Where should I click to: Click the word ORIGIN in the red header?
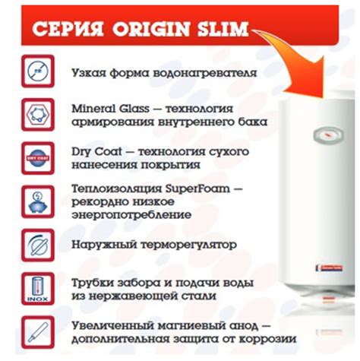tap(151, 28)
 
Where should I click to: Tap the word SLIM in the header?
tap(223, 28)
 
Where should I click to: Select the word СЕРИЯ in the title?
tap(68, 28)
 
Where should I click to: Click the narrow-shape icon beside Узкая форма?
tap(38, 71)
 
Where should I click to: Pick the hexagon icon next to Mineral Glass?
tap(38, 115)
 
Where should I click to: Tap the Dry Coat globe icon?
tap(38, 158)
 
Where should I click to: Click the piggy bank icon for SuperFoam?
tap(38, 201)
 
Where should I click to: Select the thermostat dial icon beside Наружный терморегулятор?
tap(38, 245)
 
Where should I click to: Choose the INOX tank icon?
tap(38, 289)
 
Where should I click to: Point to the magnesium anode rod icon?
tap(38, 332)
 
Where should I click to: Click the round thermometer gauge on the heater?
tap(328, 135)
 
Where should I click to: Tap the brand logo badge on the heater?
tap(329, 268)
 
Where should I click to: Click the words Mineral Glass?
tap(110, 109)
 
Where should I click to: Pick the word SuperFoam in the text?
tap(197, 188)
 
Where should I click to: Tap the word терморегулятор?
tap(189, 245)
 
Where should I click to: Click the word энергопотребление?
tap(131, 215)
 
